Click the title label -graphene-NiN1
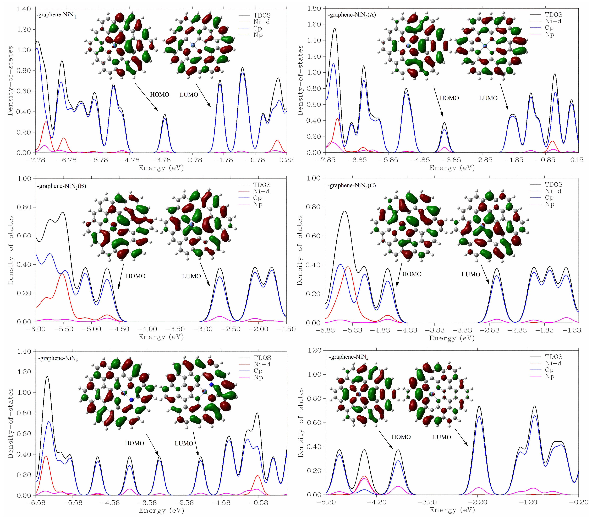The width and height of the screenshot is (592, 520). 57,15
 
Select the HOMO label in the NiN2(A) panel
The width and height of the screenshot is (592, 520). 449,98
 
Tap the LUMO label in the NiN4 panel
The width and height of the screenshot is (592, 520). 442,437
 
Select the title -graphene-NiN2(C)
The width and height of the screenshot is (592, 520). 352,185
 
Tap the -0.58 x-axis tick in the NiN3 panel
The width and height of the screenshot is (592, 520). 258,503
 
